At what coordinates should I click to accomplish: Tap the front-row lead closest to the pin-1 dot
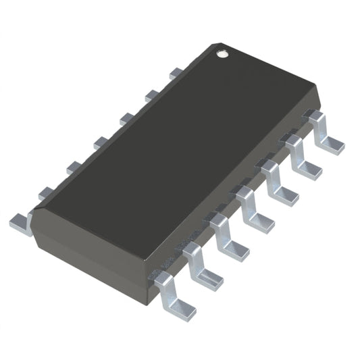325,132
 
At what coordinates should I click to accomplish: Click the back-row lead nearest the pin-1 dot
174,70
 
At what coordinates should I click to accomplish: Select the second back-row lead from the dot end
149,95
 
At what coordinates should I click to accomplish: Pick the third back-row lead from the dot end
124,119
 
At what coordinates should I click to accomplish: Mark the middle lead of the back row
99,143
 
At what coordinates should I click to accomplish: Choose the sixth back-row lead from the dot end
46,193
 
